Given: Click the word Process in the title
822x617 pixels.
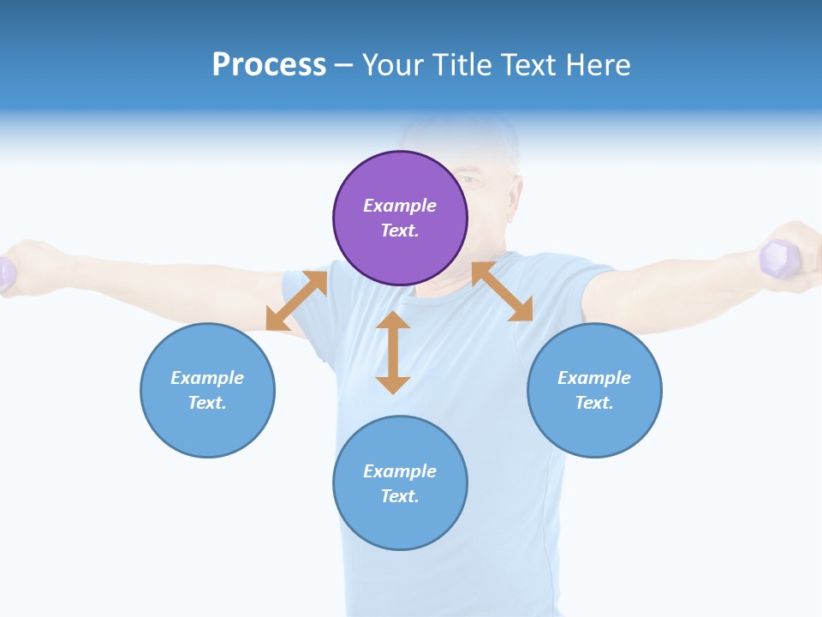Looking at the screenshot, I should tap(269, 64).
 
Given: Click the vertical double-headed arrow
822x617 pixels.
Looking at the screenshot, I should tap(393, 352).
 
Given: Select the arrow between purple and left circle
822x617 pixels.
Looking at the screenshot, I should tap(296, 301).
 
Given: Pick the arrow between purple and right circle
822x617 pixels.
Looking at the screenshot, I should tap(502, 292).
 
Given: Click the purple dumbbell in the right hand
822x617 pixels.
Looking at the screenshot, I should tap(777, 258).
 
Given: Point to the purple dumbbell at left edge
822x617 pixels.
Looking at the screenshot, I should tap(6, 273).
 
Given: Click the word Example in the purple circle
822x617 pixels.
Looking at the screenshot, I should tap(400, 206).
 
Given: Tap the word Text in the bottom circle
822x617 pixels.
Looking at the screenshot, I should tap(398, 496).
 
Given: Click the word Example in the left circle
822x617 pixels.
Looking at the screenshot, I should tap(207, 378).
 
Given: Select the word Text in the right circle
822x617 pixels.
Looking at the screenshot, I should tap(593, 403).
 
